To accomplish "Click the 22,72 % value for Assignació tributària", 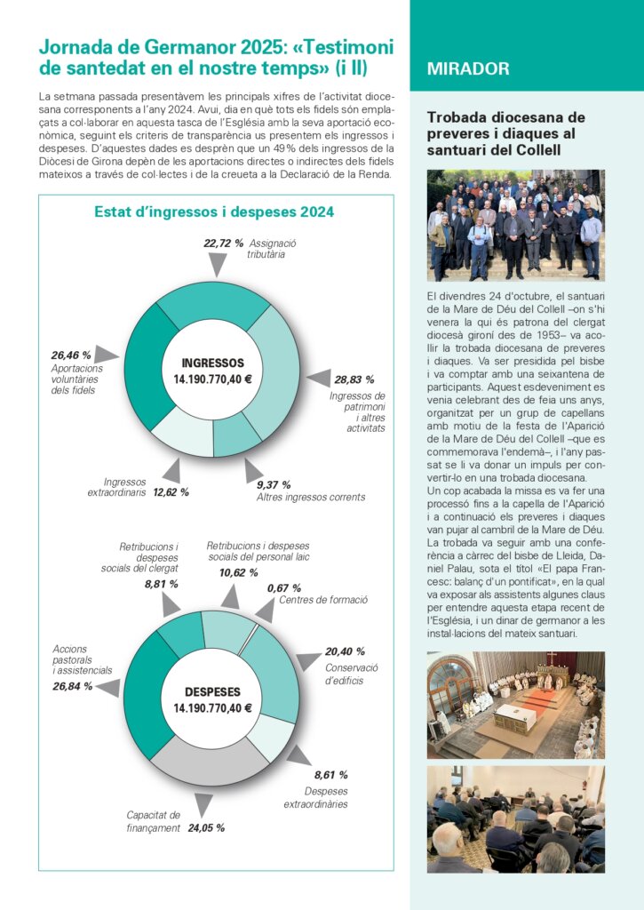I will pos(224,243).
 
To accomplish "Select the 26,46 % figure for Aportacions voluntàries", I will pos(71,355).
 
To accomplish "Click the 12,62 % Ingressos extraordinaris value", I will pos(171,491).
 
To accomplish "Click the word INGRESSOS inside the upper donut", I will pos(212,363).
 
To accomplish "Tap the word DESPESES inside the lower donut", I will pos(212,692).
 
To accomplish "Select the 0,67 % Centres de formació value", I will pos(283,588).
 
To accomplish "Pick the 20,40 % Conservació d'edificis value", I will pos(345,651).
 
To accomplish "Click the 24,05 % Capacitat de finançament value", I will pos(206,827).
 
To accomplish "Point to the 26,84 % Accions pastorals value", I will pos(72,686).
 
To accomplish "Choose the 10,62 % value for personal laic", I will pos(239,573).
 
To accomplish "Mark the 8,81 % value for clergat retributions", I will pos(161,584).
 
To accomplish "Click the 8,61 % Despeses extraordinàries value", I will pos(330,775).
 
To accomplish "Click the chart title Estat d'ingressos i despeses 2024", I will pos(214,212).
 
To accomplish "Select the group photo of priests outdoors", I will pos(515,225).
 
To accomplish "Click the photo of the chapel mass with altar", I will pos(515,705).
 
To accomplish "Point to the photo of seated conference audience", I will pos(515,818).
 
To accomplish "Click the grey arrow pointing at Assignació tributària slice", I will pos(216,264).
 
